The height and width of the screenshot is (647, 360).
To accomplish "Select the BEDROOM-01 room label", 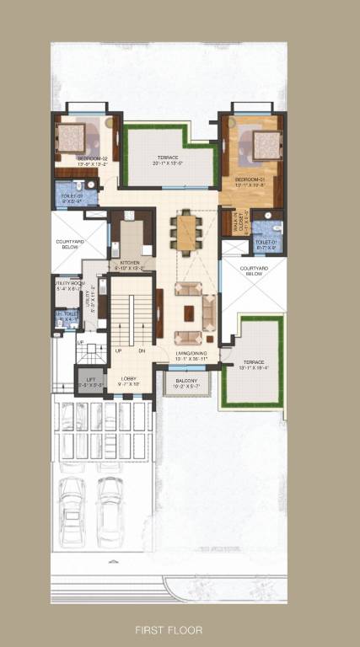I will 251,179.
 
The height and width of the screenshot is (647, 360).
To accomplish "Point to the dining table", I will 185,232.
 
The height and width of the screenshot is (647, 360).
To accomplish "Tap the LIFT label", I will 90,380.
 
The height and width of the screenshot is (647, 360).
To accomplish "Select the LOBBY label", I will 129,379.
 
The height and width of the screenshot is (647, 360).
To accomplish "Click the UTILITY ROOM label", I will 67,285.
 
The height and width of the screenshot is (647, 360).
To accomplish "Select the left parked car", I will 70,512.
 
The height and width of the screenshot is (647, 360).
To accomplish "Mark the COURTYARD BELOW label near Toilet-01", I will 252,271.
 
